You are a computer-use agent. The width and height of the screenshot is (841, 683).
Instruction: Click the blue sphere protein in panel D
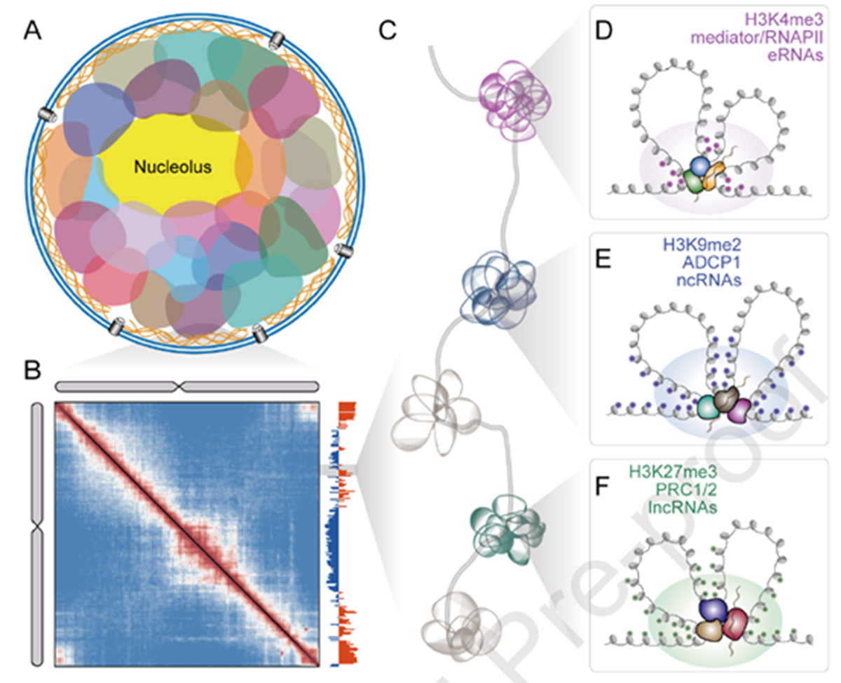tap(700, 165)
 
